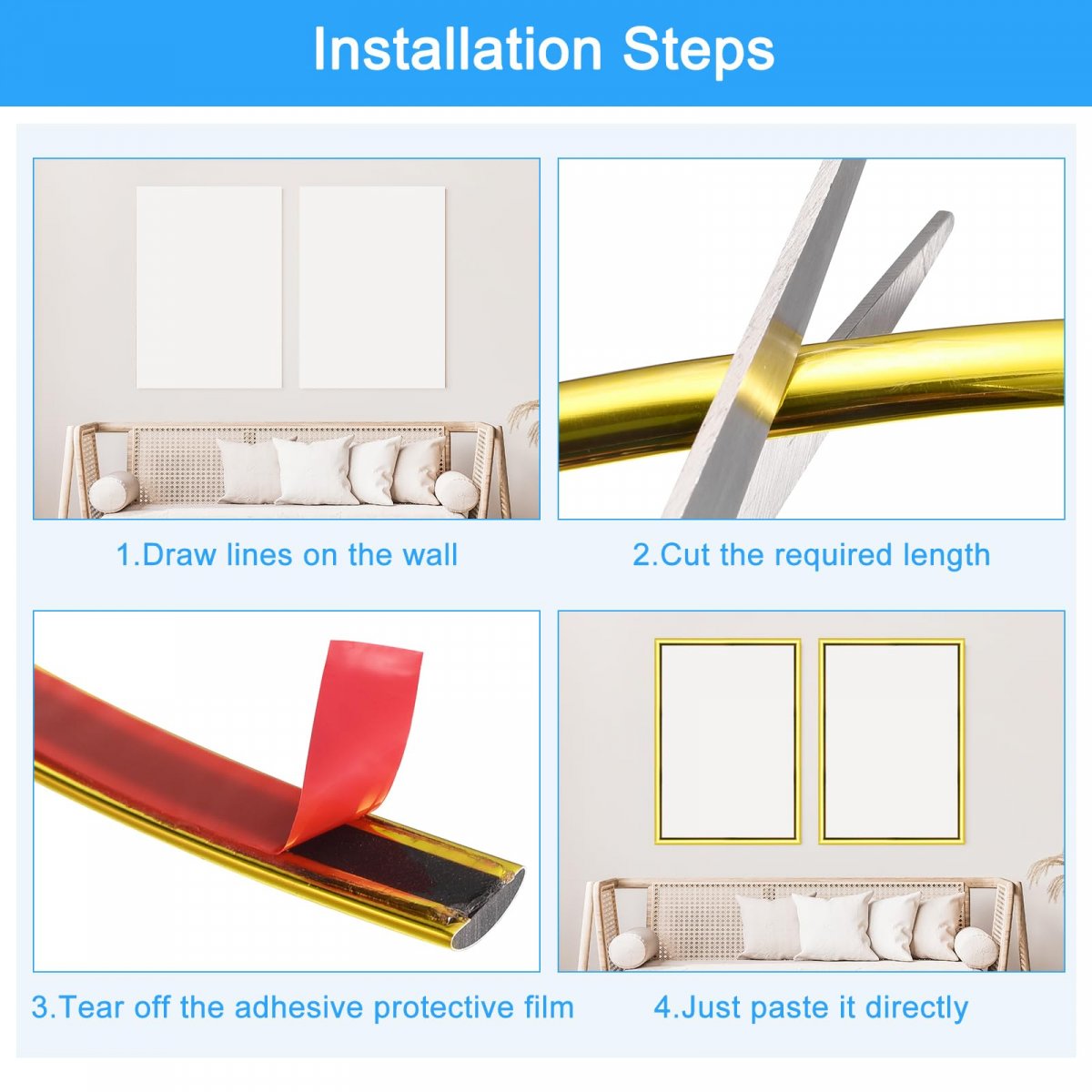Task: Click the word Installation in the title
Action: tap(458, 50)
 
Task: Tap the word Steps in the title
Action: tap(698, 51)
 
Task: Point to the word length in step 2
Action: tap(946, 555)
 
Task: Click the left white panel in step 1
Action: tap(209, 288)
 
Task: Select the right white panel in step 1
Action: tap(372, 288)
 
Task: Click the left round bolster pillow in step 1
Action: tap(114, 491)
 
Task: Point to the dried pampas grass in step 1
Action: tap(525, 420)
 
